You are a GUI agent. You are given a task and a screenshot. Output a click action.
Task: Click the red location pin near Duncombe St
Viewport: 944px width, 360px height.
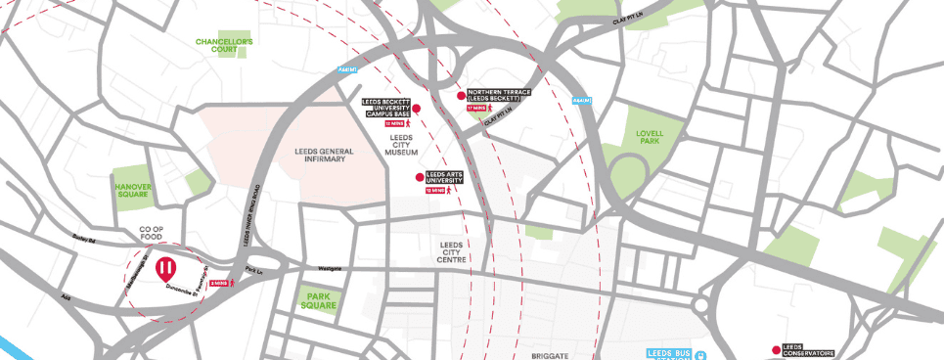point(168,267)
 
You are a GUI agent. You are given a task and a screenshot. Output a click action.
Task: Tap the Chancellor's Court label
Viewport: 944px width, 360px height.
point(224,46)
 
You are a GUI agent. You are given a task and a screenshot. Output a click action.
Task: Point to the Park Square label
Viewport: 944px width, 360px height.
point(320,299)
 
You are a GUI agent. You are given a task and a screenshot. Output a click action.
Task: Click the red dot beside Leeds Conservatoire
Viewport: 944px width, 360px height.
point(775,349)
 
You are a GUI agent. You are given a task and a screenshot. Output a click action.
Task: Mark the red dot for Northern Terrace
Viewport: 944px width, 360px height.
point(461,96)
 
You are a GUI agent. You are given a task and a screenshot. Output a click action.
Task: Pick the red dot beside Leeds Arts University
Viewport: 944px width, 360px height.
point(420,177)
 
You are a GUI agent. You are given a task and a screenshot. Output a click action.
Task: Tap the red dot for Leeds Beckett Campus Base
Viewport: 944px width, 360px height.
point(416,109)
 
